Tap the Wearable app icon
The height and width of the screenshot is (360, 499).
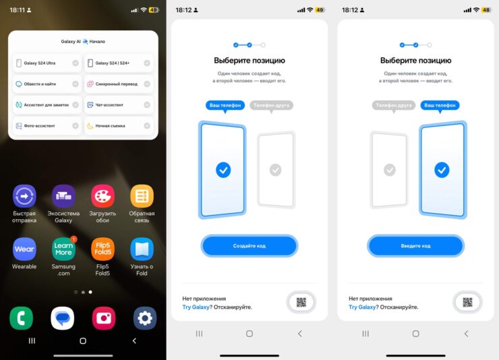[24, 249]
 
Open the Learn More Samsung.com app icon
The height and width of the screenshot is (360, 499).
[63, 249]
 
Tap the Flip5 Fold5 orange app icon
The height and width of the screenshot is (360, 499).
[102, 249]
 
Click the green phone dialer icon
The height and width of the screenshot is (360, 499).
[22, 318]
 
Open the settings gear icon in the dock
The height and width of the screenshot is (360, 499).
[145, 318]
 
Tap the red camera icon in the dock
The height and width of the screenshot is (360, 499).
[104, 318]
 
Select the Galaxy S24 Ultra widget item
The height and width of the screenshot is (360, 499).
[47, 63]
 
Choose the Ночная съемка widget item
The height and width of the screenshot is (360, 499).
[119, 126]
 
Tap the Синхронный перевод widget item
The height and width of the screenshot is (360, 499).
[119, 84]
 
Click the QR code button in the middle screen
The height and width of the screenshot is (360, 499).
[301, 302]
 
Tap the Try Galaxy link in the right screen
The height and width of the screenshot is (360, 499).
[362, 307]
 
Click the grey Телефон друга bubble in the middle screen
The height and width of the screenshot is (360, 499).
[272, 106]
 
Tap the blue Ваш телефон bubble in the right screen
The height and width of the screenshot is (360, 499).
[440, 106]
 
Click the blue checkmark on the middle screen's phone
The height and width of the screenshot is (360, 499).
[223, 170]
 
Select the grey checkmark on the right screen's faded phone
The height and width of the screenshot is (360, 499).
[390, 170]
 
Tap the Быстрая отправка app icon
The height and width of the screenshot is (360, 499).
[24, 196]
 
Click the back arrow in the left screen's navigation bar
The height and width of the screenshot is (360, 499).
[134, 341]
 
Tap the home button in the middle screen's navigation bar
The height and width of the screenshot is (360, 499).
[249, 334]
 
